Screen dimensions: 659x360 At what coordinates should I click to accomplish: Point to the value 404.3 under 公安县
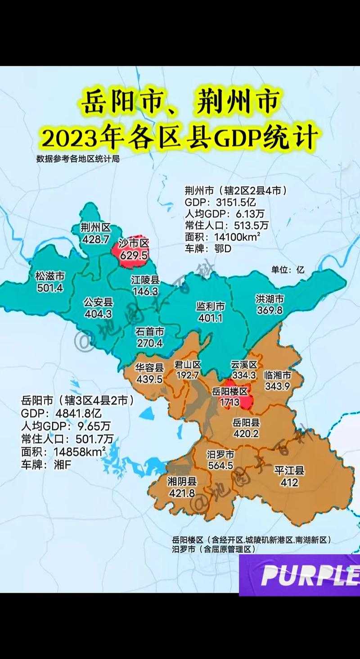98,314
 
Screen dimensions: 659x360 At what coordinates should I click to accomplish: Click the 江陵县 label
145,280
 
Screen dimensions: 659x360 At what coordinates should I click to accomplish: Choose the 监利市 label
210,306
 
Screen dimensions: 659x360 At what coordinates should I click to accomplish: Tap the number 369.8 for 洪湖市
270,310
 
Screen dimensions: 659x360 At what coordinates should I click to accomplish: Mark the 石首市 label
149,332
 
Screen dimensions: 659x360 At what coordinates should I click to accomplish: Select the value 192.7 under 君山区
188,375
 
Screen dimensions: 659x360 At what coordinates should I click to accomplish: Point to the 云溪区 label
244,364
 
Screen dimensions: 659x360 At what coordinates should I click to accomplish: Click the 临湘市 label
276,375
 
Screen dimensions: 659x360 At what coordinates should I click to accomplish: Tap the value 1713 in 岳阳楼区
230,402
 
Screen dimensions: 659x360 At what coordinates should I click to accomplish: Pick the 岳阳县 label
246,422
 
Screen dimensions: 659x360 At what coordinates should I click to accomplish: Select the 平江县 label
289,471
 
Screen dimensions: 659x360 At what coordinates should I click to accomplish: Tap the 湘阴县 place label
182,482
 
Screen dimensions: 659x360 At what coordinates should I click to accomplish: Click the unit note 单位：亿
288,270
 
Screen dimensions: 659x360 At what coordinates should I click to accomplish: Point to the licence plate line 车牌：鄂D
208,248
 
